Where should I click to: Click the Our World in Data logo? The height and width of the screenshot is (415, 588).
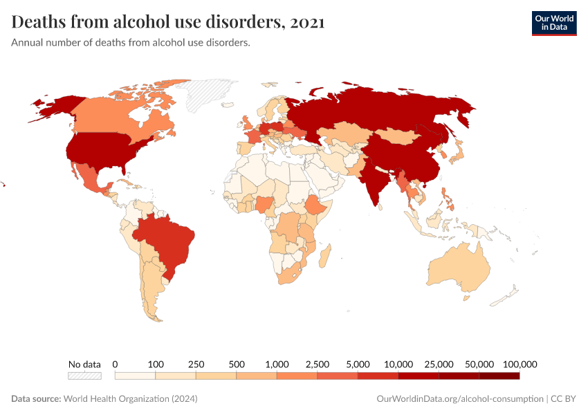[x=553, y=22]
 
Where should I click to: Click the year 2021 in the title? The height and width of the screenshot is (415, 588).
[x=308, y=22]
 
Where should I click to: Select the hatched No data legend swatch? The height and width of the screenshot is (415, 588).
[x=84, y=376]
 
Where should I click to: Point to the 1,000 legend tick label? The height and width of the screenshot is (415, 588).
[x=277, y=364]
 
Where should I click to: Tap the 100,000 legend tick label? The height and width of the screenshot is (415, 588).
[x=520, y=364]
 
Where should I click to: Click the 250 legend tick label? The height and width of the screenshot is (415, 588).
[x=196, y=364]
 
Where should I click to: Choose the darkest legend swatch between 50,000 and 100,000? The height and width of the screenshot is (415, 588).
[x=499, y=376]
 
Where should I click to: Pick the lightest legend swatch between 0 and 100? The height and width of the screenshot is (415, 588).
[x=135, y=376]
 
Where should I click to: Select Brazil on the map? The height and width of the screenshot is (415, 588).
[x=169, y=242]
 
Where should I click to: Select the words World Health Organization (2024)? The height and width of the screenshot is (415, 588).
[x=130, y=399]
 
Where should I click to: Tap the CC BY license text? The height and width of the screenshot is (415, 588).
[x=564, y=399]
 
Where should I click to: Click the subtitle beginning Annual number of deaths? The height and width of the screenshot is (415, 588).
[x=131, y=43]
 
